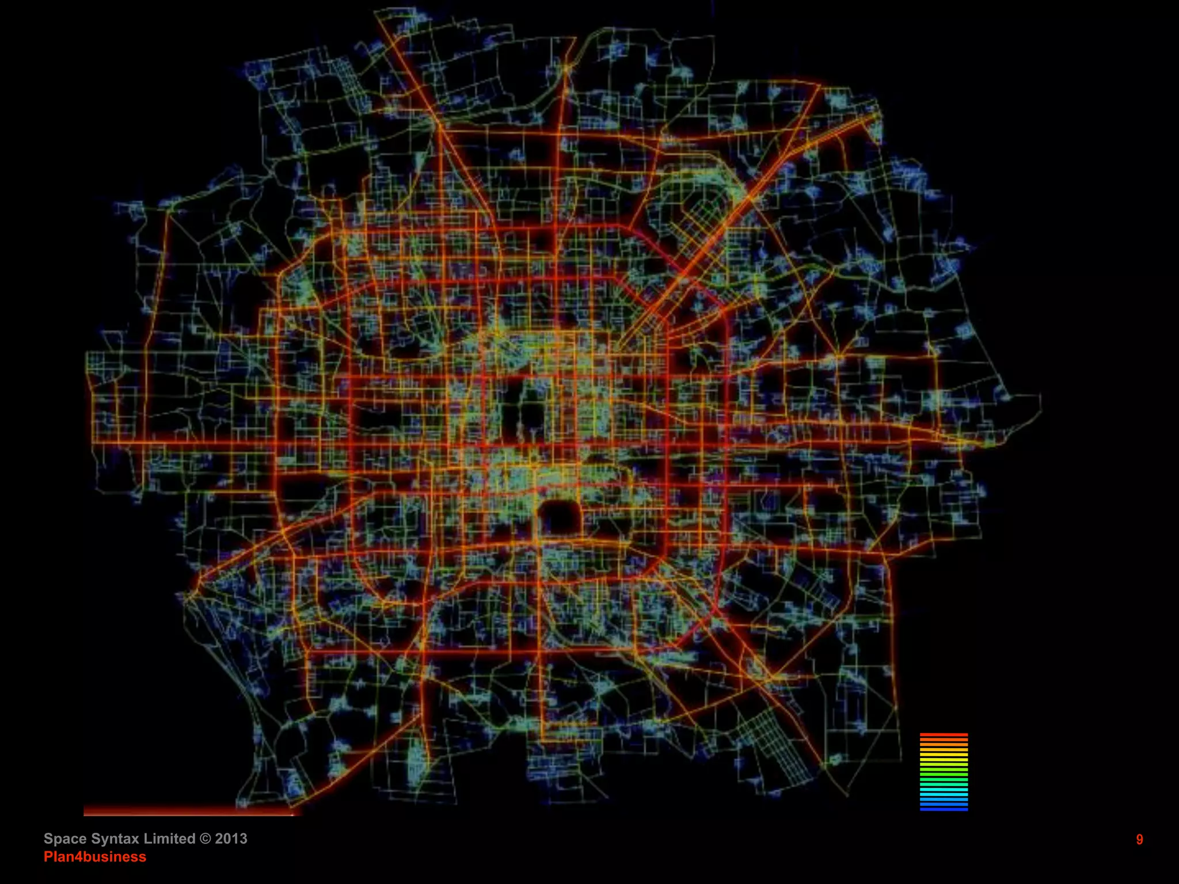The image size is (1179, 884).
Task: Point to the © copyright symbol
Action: [205, 839]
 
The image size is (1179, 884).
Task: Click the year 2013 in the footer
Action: [231, 839]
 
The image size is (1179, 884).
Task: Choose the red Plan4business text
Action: [95, 857]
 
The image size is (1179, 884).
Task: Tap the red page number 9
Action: [1139, 840]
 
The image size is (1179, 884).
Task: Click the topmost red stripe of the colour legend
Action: [944, 735]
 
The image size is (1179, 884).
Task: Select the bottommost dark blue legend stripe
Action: [944, 809]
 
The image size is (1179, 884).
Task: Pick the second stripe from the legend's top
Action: [944, 740]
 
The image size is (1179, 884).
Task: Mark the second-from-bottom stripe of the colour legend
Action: [944, 805]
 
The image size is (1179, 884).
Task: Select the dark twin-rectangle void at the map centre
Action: [527, 411]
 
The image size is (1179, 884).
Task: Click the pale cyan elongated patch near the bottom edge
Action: [417, 760]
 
